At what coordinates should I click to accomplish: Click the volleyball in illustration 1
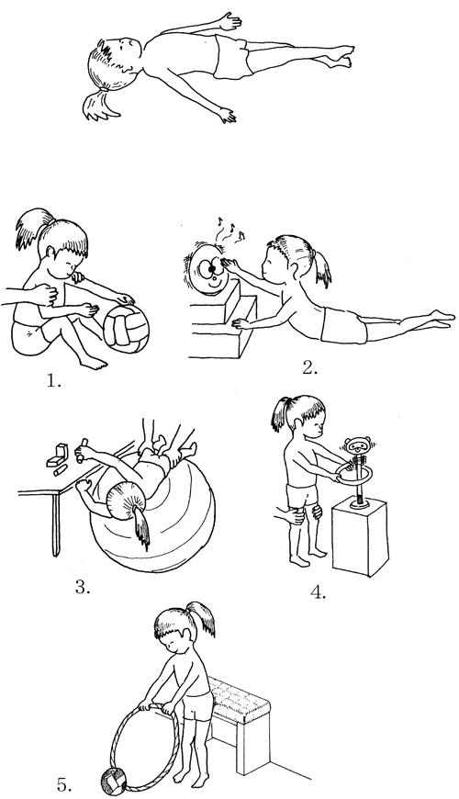click(x=126, y=329)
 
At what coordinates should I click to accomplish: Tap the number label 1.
click(x=53, y=380)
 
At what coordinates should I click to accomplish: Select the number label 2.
click(x=309, y=368)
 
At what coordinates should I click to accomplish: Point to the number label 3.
click(x=83, y=587)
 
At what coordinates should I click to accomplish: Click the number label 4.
click(x=318, y=592)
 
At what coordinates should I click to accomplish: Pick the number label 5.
click(x=64, y=785)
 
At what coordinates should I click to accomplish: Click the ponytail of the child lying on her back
click(x=101, y=105)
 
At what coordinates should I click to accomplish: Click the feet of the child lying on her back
click(x=337, y=56)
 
